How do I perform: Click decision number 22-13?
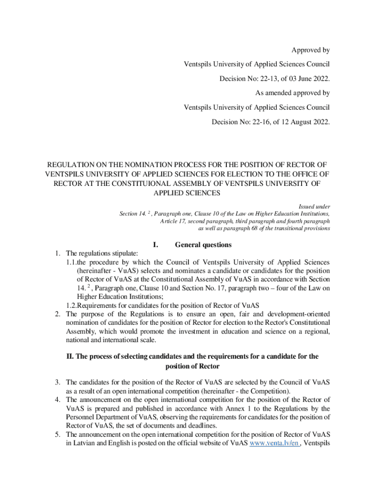[257, 78]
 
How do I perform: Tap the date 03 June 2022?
[304, 78]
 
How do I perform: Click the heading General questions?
[196, 245]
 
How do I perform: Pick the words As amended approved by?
[292, 93]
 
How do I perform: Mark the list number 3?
[57, 382]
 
